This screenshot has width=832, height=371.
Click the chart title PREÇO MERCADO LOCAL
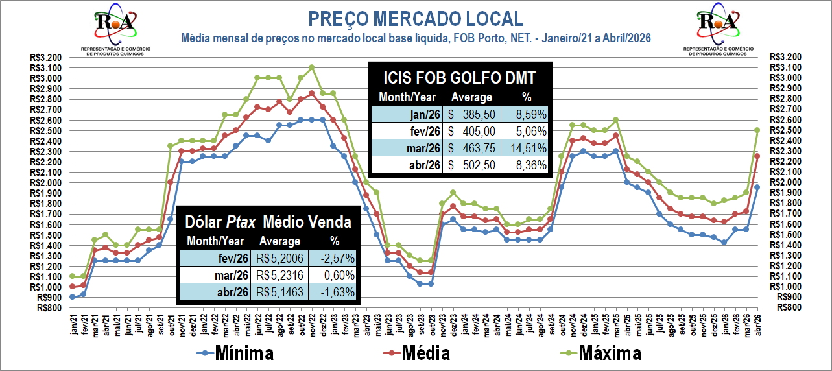[x=416, y=18]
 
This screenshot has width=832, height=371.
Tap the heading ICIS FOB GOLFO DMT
[x=459, y=78]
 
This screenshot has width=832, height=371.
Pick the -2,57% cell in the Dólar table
[x=335, y=257]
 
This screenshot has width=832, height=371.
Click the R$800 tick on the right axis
[x=783, y=307]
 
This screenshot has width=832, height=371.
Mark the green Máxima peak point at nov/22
[x=312, y=67]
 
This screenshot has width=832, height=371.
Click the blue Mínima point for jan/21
[x=73, y=297]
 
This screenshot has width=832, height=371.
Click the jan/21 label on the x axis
[x=73, y=321]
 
